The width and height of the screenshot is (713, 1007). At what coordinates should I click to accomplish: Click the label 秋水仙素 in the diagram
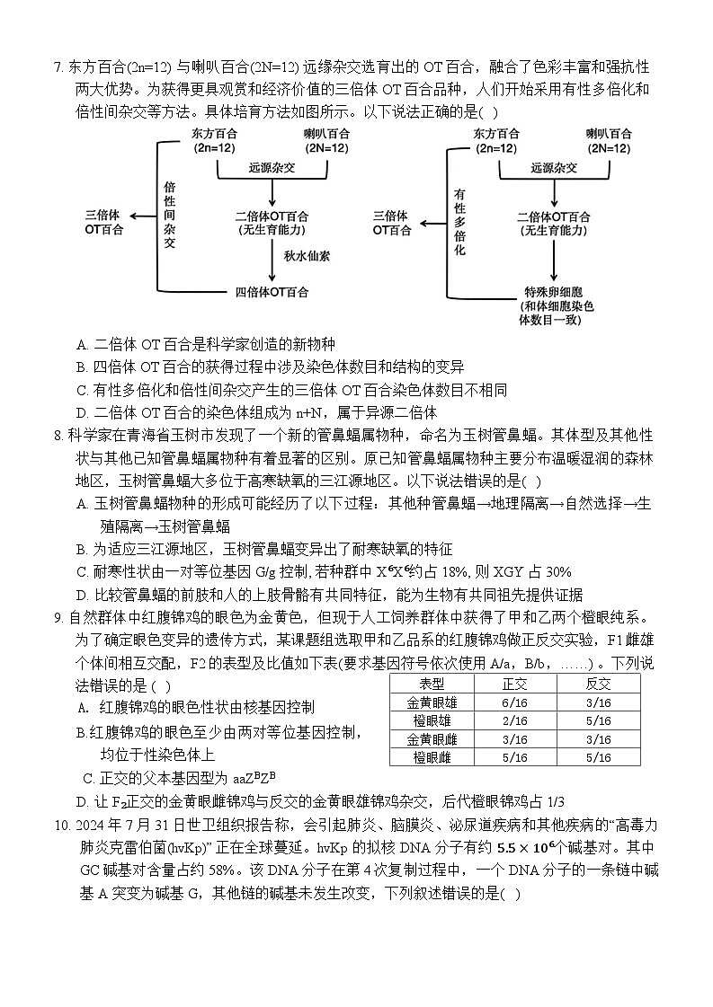(x=307, y=256)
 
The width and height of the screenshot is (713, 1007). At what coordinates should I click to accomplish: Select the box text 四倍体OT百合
(x=272, y=292)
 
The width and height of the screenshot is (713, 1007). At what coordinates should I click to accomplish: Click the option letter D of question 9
(x=82, y=801)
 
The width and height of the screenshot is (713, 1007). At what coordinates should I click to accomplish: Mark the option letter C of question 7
(x=82, y=390)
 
